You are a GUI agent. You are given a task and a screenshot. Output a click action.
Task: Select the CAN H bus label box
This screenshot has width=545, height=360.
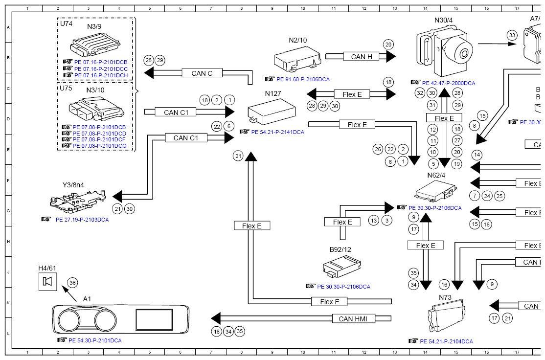[362, 57]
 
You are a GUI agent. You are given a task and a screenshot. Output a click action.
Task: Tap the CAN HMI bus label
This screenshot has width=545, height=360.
[353, 319]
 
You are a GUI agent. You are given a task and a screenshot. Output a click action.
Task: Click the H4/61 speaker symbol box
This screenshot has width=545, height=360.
[48, 281]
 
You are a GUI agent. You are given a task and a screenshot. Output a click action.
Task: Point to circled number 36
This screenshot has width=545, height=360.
[72, 282]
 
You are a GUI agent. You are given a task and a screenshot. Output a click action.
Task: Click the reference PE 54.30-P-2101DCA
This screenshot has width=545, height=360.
[95, 340]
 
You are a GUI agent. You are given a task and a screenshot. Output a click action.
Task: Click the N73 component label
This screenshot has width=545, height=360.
[445, 297]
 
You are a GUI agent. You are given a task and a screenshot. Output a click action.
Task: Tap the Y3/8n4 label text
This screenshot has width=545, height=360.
[73, 185]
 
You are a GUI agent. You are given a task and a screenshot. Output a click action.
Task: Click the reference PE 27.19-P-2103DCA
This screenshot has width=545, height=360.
[82, 220]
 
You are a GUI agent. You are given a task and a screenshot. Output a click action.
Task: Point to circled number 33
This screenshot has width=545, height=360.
[512, 35]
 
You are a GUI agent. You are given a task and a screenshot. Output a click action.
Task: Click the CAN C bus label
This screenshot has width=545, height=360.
[202, 73]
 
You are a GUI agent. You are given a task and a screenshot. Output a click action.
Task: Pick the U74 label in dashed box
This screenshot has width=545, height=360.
[66, 23]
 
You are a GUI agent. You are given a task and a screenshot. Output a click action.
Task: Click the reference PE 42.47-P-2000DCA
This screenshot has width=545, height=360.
[448, 83]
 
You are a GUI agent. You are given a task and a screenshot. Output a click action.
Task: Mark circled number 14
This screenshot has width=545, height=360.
[477, 155]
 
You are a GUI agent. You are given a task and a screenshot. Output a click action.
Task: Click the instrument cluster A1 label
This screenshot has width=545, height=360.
[87, 298]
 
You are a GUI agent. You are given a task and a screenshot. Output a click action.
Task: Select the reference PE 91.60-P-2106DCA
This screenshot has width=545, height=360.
[303, 79]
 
